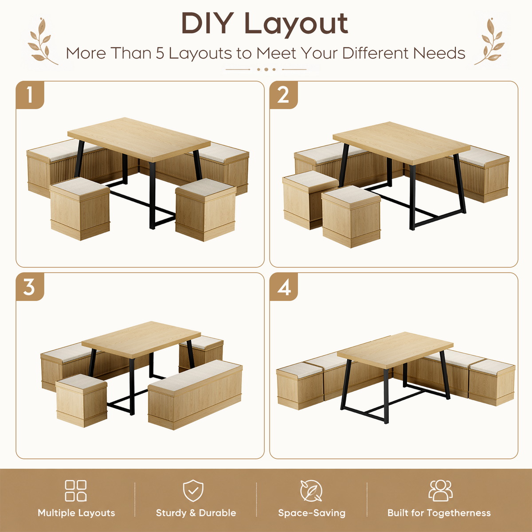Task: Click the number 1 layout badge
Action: coord(30,95)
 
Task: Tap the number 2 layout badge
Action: coord(284,95)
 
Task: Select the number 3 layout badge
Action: coord(30,287)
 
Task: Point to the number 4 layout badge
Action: coord(284,287)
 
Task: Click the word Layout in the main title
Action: coord(296,24)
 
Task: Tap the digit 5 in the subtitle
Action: coord(160,53)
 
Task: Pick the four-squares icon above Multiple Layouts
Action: coord(76,491)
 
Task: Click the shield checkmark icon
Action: coord(193,491)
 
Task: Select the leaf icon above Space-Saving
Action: coord(311,491)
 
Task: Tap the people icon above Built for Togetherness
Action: coord(440,491)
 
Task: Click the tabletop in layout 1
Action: coord(139,139)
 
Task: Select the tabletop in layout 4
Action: coord(395,350)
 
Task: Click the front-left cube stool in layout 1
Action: coord(80,208)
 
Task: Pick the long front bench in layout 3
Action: coord(195,395)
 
